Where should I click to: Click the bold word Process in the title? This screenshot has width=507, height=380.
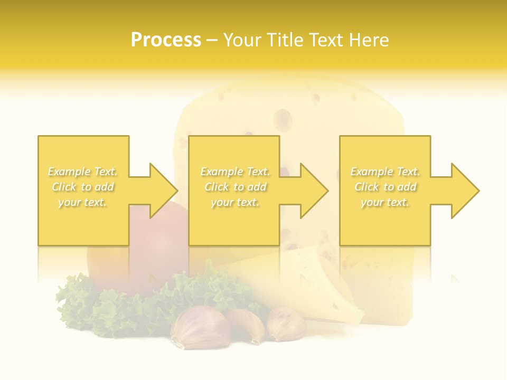(166, 40)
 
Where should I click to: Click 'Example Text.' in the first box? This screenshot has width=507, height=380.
(83, 172)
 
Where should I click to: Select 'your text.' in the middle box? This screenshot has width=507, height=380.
(234, 202)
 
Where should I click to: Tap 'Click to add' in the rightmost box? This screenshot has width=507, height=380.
(385, 187)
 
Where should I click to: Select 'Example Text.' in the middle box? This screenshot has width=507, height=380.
(235, 172)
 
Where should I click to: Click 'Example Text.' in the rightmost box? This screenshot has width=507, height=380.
(385, 172)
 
